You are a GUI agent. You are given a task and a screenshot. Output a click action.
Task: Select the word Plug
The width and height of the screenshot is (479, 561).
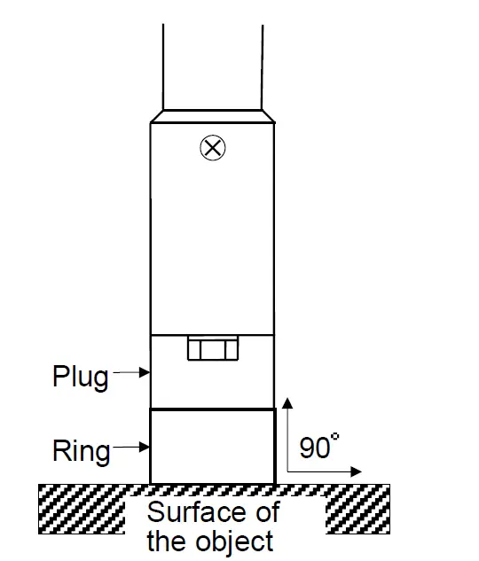[81, 378]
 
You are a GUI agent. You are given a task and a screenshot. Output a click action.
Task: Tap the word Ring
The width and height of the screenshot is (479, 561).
[81, 452]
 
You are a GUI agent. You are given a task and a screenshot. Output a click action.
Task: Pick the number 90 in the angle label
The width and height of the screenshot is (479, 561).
[314, 448]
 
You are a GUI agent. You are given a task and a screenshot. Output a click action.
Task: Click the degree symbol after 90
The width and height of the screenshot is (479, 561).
[334, 438]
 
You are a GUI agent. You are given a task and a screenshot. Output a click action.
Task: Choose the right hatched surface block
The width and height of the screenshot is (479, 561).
[358, 510]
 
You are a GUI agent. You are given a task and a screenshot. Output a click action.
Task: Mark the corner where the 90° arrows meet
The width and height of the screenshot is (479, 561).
[288, 471]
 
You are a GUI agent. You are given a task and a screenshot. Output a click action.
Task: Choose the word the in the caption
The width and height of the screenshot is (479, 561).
[167, 540]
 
